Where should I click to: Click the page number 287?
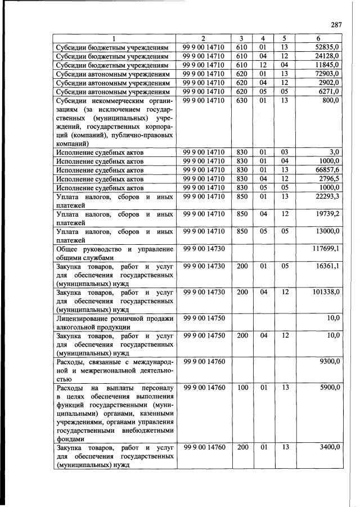pyautogui.click(x=336, y=25)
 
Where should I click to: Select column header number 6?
pyautogui.click(x=319, y=38)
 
